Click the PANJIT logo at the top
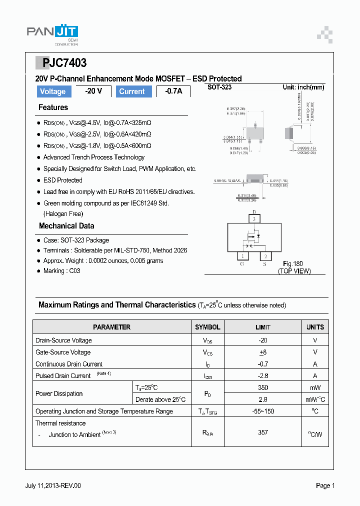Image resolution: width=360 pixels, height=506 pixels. click(x=52, y=33)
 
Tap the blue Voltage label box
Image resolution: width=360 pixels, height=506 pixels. click(x=53, y=91)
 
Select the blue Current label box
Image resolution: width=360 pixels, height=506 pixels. click(x=132, y=91)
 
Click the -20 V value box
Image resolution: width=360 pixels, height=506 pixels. click(x=93, y=91)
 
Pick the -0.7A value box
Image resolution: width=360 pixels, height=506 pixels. click(x=173, y=91)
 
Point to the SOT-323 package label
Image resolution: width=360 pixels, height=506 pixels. click(x=219, y=87)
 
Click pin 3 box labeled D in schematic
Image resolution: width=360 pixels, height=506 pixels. click(x=254, y=219)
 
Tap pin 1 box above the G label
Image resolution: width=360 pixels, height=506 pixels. click(x=242, y=256)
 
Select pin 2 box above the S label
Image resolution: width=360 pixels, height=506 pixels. click(x=265, y=256)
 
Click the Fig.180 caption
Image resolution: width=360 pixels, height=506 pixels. click(x=293, y=263)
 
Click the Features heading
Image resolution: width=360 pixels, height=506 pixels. click(x=53, y=107)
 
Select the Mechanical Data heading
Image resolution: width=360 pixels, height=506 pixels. click(x=66, y=226)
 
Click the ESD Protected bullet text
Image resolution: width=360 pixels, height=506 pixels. click(x=63, y=180)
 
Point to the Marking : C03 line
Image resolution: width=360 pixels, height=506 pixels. click(x=61, y=270)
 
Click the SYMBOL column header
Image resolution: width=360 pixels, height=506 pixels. click(x=207, y=327)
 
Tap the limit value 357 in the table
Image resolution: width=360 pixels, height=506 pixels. click(x=263, y=432)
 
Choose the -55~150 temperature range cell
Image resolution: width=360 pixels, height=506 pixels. click(x=263, y=411)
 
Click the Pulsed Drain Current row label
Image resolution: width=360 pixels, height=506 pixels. click(x=63, y=375)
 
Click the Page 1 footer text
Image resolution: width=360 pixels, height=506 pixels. click(x=325, y=485)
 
